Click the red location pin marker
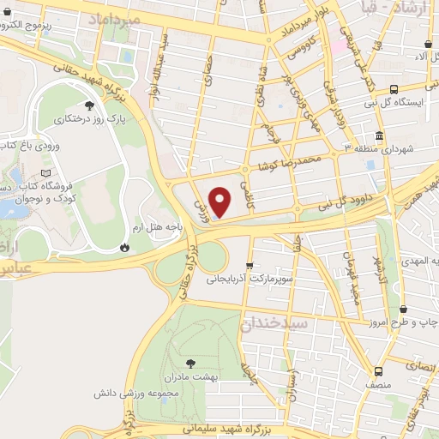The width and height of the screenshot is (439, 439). [x=221, y=202]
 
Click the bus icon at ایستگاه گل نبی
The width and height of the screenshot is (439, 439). [x=394, y=89]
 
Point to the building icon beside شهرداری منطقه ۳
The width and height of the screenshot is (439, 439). [x=379, y=135]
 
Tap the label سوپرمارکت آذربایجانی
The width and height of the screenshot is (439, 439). [x=249, y=279]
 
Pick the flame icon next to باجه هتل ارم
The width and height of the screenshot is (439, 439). [x=126, y=247]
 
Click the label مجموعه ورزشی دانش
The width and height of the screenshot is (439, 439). [x=135, y=394]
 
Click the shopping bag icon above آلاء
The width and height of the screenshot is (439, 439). [x=427, y=44]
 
